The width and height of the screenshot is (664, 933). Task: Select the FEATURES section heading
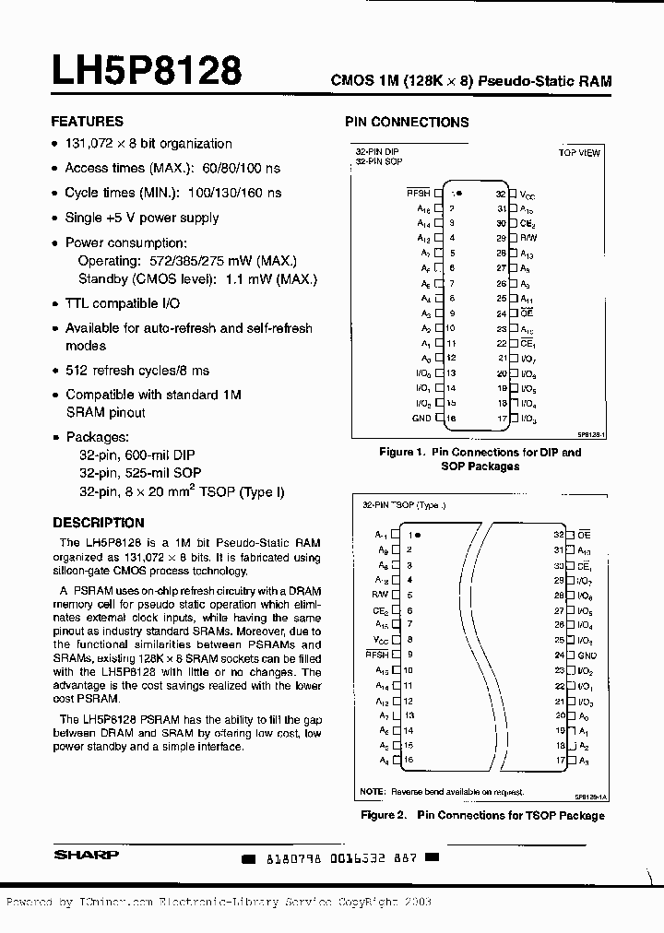(87, 121)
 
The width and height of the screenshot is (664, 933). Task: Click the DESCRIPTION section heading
(99, 523)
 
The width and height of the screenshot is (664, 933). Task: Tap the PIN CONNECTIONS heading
(407, 122)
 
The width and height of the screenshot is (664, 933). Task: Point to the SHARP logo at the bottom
(86, 855)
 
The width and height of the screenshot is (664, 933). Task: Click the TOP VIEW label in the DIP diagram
(579, 152)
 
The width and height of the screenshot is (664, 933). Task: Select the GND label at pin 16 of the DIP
(421, 419)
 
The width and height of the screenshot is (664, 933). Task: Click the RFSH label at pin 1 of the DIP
(419, 195)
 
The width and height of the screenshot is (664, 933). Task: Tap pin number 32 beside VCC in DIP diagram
(501, 195)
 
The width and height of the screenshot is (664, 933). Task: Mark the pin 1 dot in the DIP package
(459, 195)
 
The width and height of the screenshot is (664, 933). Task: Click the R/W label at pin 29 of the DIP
(528, 237)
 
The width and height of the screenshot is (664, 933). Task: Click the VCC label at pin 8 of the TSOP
(381, 640)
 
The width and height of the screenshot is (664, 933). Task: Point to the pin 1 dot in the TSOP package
(418, 535)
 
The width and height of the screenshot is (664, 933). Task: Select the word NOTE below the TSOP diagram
(372, 791)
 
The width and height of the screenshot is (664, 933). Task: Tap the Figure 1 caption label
(400, 452)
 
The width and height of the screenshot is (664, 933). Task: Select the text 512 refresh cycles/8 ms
(136, 370)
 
